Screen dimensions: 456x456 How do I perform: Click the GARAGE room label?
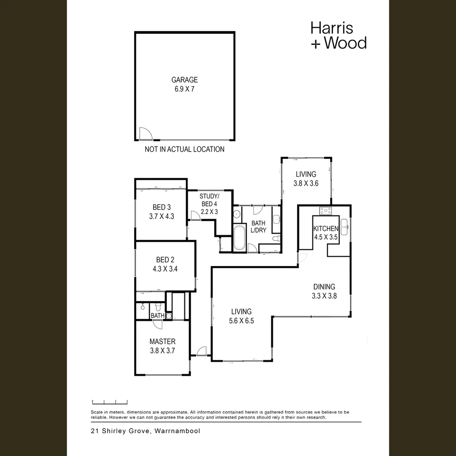185,80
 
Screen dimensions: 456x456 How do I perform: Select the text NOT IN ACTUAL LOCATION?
185,149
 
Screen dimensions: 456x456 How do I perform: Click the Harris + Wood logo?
338,35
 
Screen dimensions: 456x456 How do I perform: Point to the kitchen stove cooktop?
326,210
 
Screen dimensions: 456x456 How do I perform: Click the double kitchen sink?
344,227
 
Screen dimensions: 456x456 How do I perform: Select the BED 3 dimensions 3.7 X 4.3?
162,216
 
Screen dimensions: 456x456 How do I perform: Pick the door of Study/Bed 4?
195,216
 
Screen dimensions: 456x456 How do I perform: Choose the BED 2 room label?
165,259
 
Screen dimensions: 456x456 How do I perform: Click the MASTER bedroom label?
162,341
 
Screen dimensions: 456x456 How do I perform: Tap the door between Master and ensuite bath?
157,324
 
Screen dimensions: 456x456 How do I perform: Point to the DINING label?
324,287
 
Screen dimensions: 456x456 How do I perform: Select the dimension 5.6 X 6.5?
241,320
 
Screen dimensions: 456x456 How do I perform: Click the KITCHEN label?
326,228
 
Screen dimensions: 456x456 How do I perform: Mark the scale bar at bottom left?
110,402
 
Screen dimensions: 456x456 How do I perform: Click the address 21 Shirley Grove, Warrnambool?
145,431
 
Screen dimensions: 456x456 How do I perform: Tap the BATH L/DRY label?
258,227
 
